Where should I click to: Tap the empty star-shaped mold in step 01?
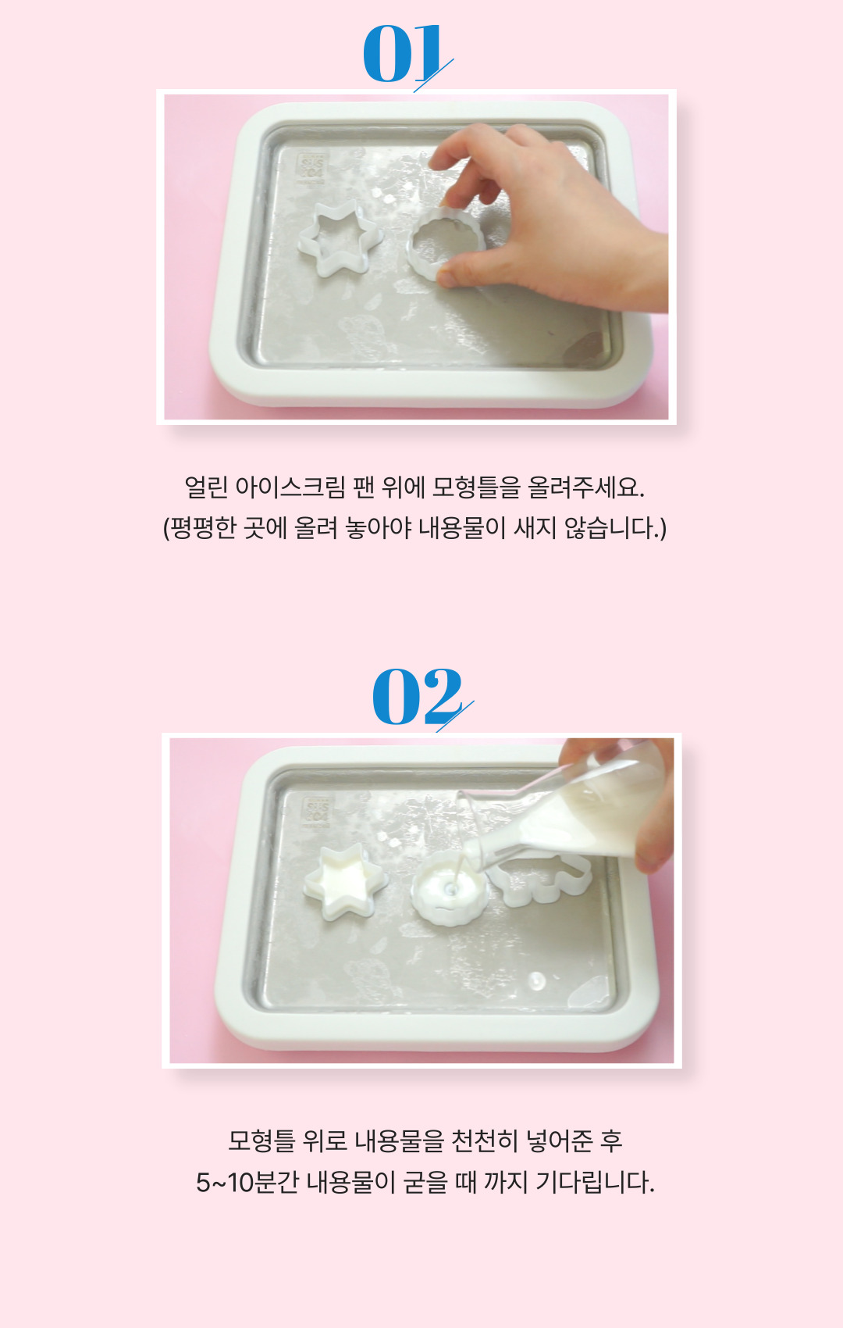click(x=340, y=239)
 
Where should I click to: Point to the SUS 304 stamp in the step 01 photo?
click(x=312, y=169)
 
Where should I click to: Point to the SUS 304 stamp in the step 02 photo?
click(x=318, y=811)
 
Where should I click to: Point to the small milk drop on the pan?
click(x=537, y=980)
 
